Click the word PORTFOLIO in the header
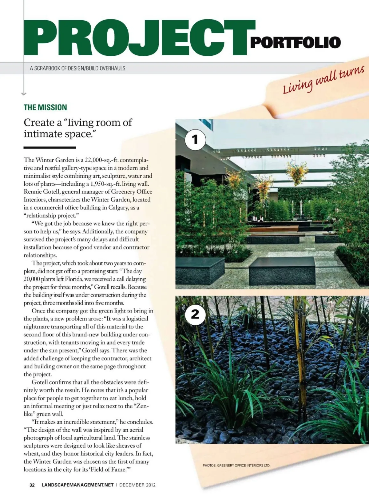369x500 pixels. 295,42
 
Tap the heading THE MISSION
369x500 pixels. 45,107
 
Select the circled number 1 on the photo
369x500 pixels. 195,140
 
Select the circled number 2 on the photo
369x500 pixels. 195,314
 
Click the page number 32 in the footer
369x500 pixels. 32,485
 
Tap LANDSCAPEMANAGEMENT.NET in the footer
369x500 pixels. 77,485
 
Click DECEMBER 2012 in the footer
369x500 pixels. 137,485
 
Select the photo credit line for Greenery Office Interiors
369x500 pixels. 236,465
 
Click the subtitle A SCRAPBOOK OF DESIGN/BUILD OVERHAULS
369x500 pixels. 77,68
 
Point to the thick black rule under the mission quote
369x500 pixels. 50,148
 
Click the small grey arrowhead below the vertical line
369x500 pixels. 24,93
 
